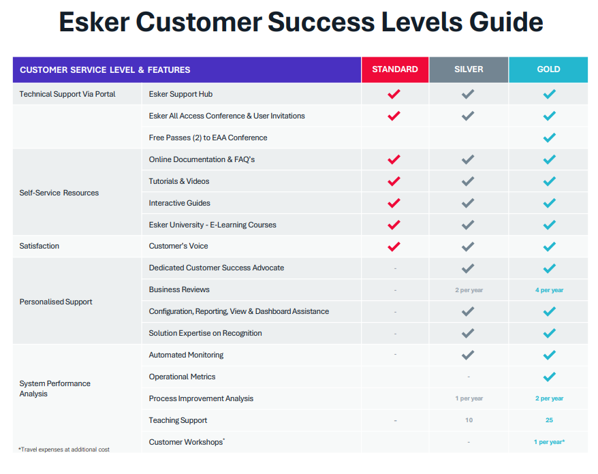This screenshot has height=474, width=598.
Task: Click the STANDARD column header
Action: (395, 69)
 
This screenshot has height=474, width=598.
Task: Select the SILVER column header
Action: (469, 69)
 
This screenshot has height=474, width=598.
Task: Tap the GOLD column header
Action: (548, 69)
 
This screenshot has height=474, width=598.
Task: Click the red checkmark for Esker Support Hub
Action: (394, 94)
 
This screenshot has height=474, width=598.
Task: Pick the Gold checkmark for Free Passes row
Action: (549, 138)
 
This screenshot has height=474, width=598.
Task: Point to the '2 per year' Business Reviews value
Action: (469, 290)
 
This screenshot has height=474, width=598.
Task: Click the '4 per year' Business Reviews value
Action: (549, 290)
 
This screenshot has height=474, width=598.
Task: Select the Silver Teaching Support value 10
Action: (469, 420)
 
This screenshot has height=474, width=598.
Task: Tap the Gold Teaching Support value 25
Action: (549, 420)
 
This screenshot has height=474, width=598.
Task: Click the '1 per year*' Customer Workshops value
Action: (549, 442)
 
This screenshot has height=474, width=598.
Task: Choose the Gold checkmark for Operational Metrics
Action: (549, 377)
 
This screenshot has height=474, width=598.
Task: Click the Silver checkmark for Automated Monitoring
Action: (468, 355)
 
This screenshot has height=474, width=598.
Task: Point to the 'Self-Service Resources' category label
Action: (59, 193)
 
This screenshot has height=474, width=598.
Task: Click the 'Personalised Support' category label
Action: (56, 302)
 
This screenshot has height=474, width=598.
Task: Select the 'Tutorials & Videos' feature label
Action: (179, 181)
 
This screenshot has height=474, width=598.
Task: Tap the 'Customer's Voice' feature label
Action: (178, 246)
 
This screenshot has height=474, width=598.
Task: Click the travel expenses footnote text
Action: (64, 449)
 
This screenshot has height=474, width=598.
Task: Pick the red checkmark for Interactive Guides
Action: (394, 203)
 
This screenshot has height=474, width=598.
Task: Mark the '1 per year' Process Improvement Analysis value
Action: (469, 398)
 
